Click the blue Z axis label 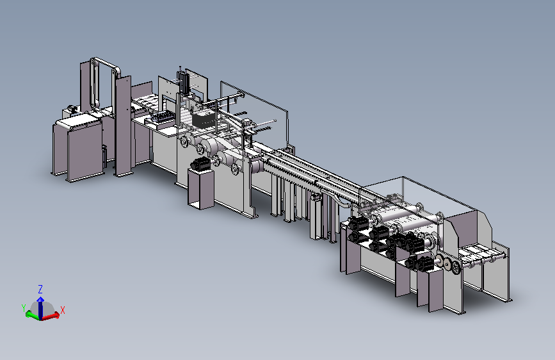pyautogui.click(x=40, y=289)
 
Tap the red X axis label pyautogui.click(x=63, y=311)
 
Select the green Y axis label pyautogui.click(x=24, y=308)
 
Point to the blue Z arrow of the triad pyautogui.click(x=41, y=307)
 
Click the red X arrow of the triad pyautogui.click(x=51, y=316)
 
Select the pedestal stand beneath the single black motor pyautogui.click(x=201, y=189)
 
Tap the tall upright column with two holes pyautogui.click(x=124, y=126)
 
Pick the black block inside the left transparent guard pyautogui.click(x=204, y=119)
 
